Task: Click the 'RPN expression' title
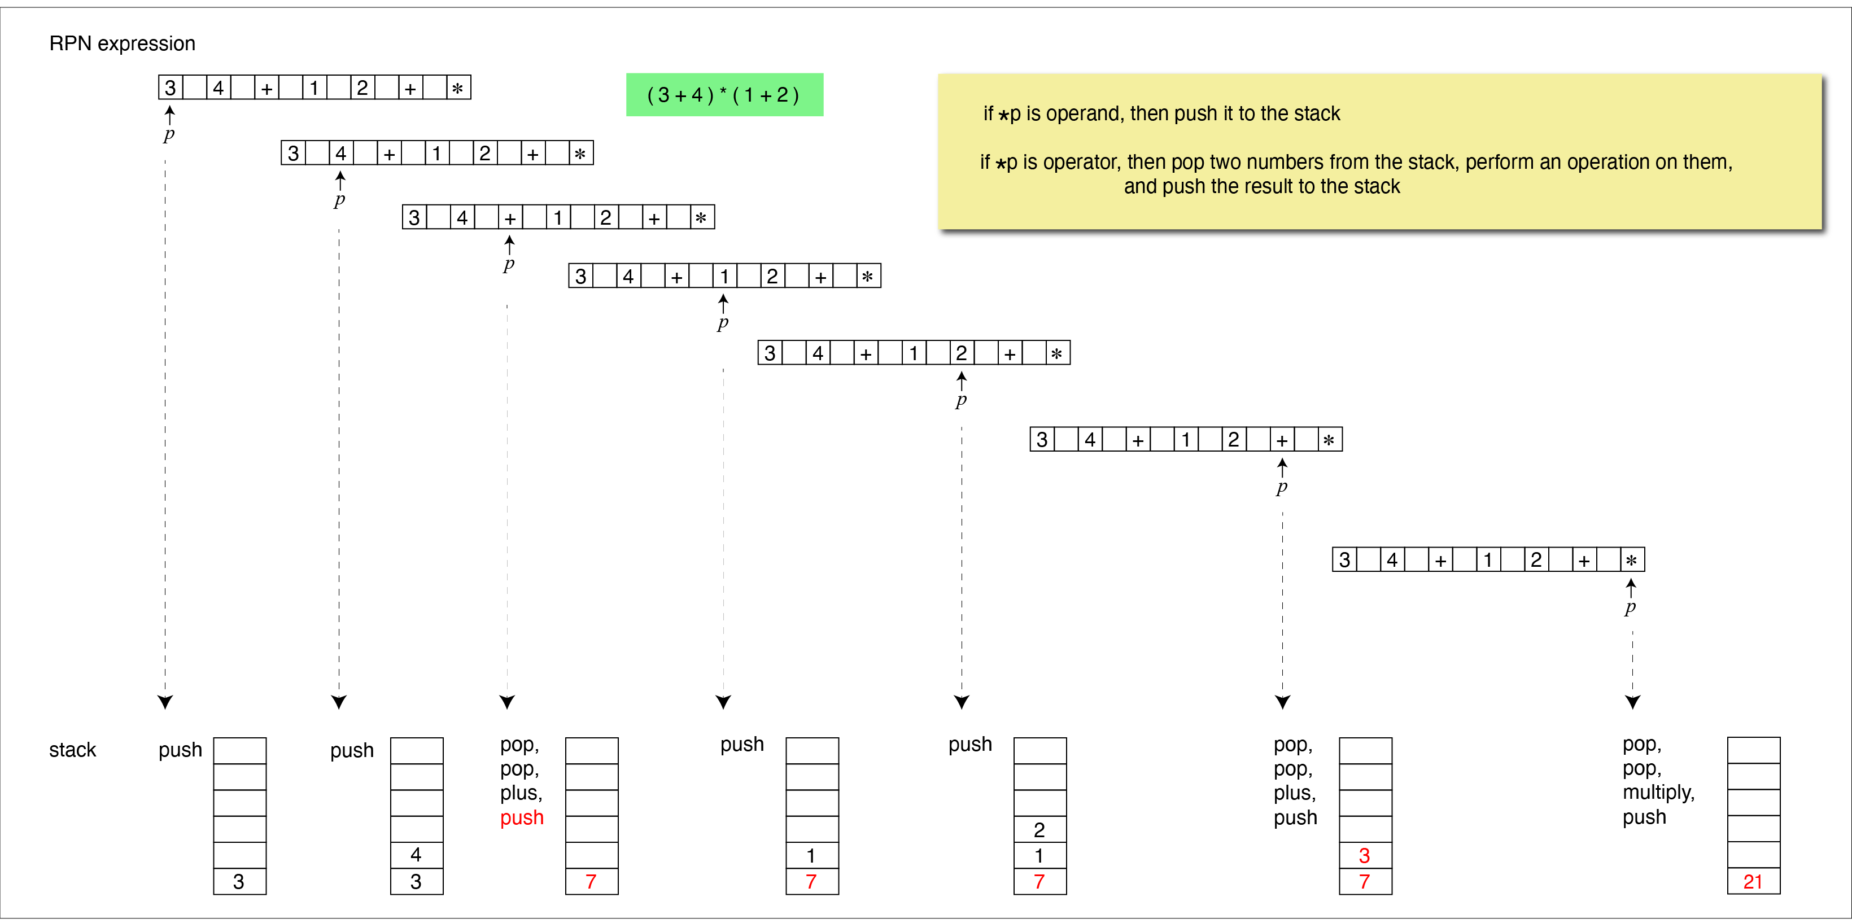tap(122, 44)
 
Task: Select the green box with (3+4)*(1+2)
tap(724, 94)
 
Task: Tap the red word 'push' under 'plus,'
tap(522, 818)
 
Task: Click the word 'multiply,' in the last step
tap(1658, 792)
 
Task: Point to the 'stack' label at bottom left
tap(73, 750)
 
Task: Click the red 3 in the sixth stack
tap(1365, 855)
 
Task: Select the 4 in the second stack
tap(416, 855)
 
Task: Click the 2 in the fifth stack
tap(1039, 829)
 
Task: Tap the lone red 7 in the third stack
tap(591, 881)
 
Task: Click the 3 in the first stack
tap(239, 881)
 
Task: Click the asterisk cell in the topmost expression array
tap(458, 88)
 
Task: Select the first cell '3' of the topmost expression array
tap(171, 88)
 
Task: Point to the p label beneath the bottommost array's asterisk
tap(1630, 607)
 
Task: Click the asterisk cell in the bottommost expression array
tap(1632, 560)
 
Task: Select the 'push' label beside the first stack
tap(181, 750)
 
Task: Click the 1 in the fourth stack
tap(811, 855)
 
